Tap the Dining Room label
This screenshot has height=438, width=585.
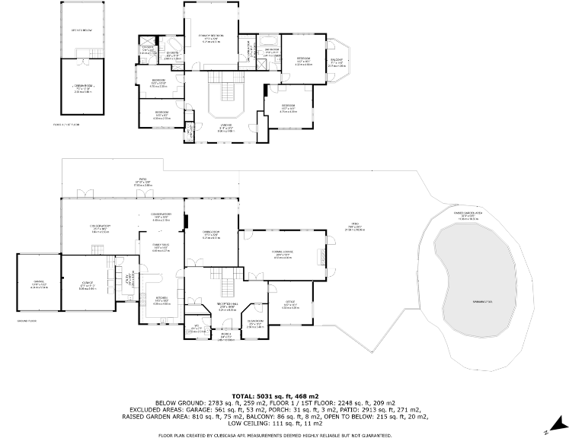click(x=211, y=233)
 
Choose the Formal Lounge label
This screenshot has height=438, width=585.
click(x=283, y=255)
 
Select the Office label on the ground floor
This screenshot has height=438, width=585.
click(x=291, y=306)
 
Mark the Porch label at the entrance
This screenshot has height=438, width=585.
click(x=225, y=336)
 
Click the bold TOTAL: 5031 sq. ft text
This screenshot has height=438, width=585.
click(x=292, y=395)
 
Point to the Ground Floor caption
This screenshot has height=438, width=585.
click(x=27, y=322)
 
